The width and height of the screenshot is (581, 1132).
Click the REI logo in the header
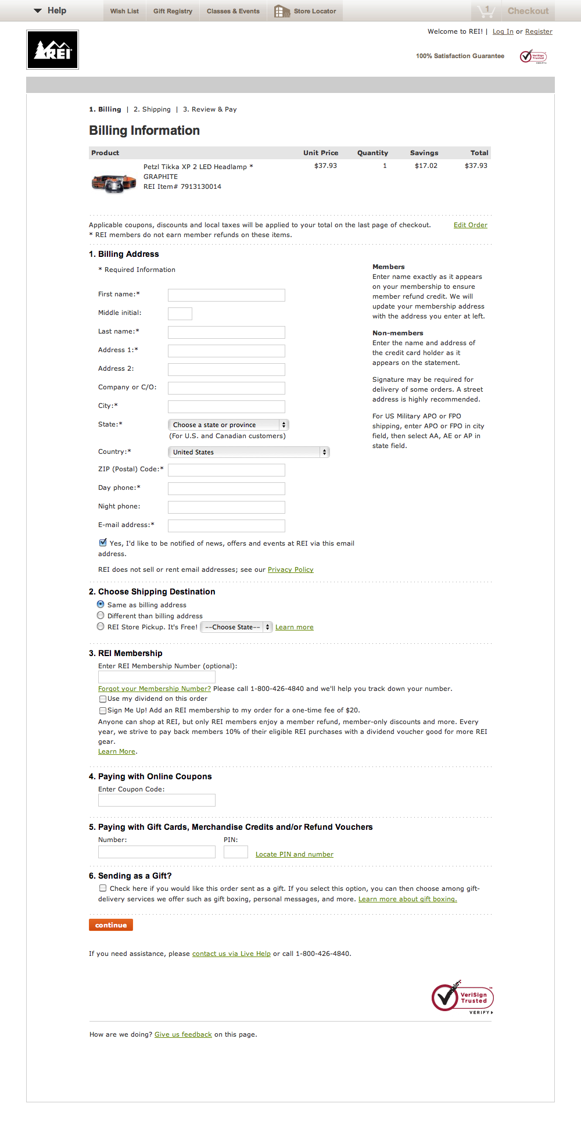[x=52, y=50]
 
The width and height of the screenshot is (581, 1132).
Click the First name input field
[x=226, y=295]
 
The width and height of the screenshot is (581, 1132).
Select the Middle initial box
[x=180, y=314]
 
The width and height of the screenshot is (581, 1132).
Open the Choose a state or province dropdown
[x=228, y=425]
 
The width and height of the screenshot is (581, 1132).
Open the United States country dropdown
[x=248, y=452]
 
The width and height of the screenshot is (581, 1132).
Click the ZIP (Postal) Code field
[x=226, y=470]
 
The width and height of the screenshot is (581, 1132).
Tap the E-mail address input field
[x=226, y=526]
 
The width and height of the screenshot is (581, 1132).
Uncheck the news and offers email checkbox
[x=103, y=543]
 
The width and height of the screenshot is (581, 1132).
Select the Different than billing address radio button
[x=101, y=615]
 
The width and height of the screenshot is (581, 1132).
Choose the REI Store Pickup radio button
[x=101, y=626]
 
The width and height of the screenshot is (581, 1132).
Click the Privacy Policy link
[x=290, y=569]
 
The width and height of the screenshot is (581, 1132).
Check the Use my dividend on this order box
[x=103, y=699]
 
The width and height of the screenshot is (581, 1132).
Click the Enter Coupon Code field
[x=156, y=800]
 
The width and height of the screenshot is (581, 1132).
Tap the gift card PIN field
[x=235, y=852]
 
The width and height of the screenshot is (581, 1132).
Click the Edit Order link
[x=470, y=225]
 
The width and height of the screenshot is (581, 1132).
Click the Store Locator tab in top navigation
[x=306, y=11]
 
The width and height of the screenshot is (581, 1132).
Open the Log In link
[x=503, y=31]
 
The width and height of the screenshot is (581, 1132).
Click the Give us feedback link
[x=183, y=1034]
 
